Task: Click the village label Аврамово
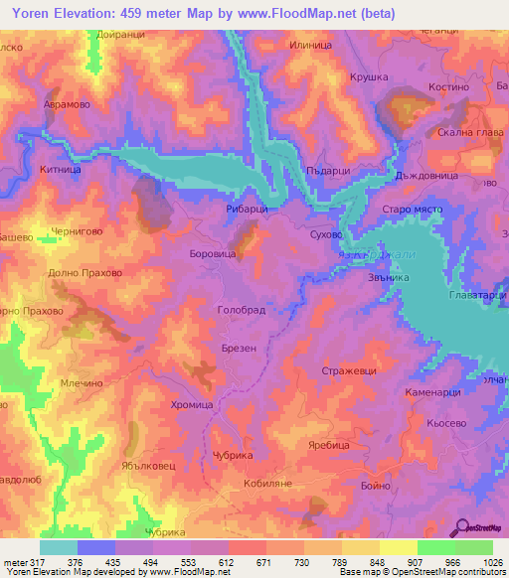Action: point(67,103)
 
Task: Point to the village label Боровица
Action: point(211,254)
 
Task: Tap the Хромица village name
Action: point(191,405)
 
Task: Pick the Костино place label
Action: point(447,87)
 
